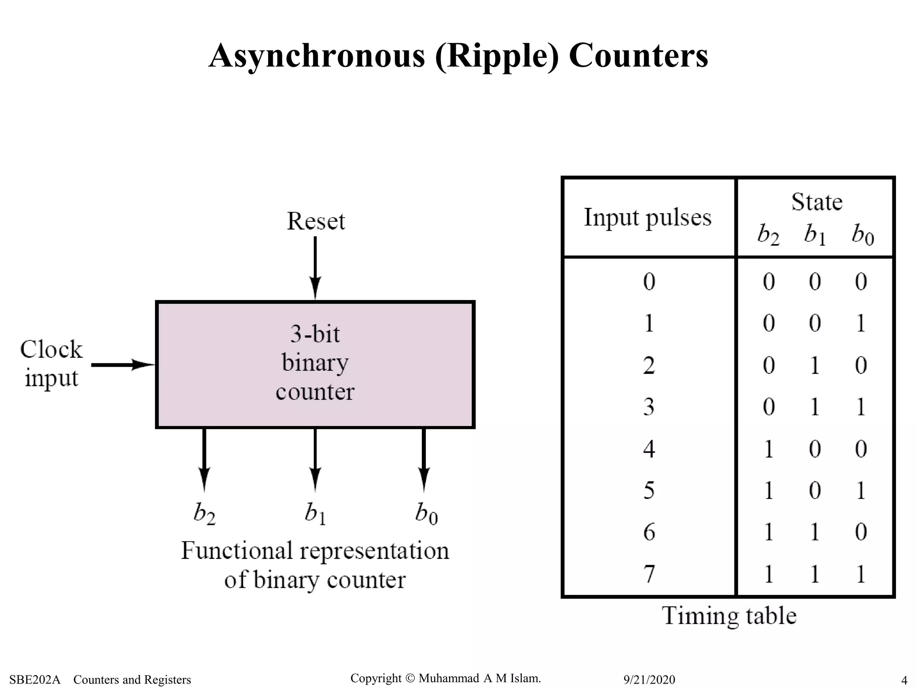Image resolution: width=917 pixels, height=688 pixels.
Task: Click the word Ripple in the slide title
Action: (x=497, y=56)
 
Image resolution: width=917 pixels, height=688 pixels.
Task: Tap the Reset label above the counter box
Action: (x=316, y=221)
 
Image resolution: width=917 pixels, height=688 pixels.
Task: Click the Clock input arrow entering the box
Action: (x=123, y=365)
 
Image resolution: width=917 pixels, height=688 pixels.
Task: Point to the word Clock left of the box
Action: (x=51, y=349)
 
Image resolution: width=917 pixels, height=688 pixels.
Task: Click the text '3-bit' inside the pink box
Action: (x=315, y=334)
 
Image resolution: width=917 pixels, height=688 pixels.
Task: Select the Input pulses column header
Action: (x=647, y=218)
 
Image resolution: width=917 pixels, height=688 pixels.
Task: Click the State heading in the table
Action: (x=817, y=202)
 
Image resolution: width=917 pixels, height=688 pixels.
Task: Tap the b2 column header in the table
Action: (x=768, y=234)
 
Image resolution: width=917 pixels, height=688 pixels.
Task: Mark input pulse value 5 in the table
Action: (x=649, y=490)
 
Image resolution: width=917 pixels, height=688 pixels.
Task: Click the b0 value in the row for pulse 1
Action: (x=861, y=323)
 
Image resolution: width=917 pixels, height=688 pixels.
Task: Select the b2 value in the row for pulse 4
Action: (x=768, y=449)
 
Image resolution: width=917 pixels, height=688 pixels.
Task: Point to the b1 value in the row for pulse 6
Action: (x=814, y=532)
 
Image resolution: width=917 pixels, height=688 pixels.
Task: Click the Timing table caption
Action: (x=729, y=615)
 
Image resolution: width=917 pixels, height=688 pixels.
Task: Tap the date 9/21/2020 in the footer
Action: (x=649, y=679)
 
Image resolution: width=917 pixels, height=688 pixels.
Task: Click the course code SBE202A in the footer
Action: (x=34, y=679)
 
